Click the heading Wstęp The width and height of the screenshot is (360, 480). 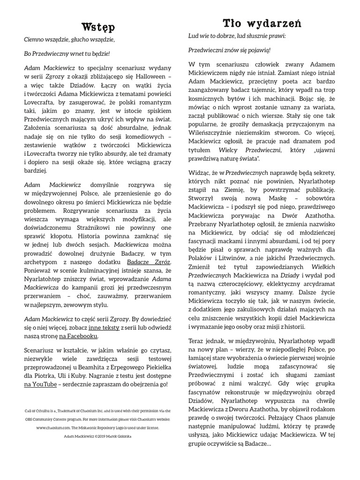click(x=98, y=25)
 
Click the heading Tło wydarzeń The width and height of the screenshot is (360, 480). click(x=262, y=22)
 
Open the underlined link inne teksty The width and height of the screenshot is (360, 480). click(x=104, y=327)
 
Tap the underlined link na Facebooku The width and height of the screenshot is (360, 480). click(x=78, y=336)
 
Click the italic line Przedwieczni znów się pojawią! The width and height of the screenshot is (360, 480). click(x=229, y=50)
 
